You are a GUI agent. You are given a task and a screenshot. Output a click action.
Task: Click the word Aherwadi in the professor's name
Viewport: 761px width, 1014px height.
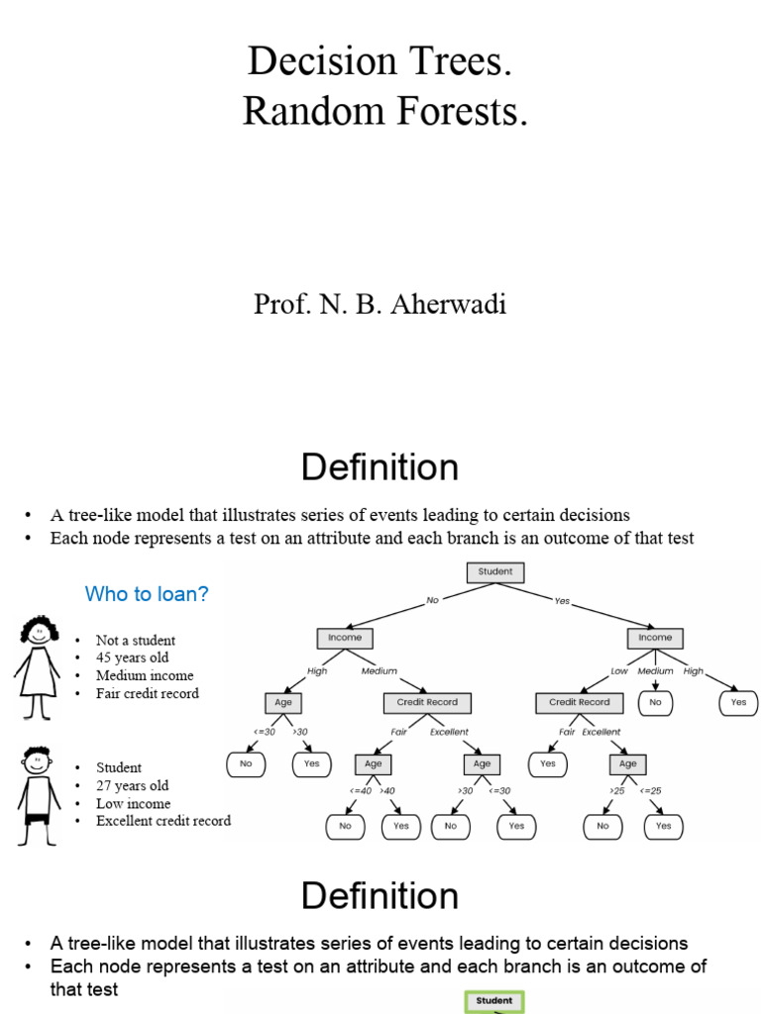450,304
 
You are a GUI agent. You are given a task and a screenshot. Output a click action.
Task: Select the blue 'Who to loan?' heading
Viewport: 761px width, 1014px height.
147,594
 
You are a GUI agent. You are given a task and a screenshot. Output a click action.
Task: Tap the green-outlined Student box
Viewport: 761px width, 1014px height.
494,1001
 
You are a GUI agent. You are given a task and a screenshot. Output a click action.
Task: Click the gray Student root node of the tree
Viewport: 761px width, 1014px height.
494,571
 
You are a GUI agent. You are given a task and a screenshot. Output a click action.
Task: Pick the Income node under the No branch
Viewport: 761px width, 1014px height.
345,638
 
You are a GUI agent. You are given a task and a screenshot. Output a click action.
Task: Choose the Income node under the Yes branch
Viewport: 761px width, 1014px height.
654,638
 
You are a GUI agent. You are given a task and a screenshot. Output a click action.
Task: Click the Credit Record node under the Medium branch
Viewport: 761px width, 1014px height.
427,702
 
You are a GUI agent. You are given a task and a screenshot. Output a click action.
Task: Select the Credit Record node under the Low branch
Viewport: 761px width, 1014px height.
580,702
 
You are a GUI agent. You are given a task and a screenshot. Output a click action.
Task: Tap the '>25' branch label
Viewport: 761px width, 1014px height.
616,790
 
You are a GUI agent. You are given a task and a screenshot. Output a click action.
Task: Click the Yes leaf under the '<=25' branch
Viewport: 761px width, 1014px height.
663,825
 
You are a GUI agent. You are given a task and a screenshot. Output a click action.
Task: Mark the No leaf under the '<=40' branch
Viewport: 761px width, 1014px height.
345,825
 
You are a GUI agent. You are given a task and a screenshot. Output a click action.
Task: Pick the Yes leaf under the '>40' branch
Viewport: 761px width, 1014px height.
401,825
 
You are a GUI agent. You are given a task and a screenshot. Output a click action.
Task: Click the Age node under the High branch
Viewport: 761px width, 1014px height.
282,702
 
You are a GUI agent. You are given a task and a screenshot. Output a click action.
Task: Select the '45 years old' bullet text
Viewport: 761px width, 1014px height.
132,658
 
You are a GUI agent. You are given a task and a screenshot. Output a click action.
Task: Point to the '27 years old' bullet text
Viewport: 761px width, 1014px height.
132,785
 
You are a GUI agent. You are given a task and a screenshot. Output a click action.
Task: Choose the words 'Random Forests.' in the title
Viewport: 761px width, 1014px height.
385,113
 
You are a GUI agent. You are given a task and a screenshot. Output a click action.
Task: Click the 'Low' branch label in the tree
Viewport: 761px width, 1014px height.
619,671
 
